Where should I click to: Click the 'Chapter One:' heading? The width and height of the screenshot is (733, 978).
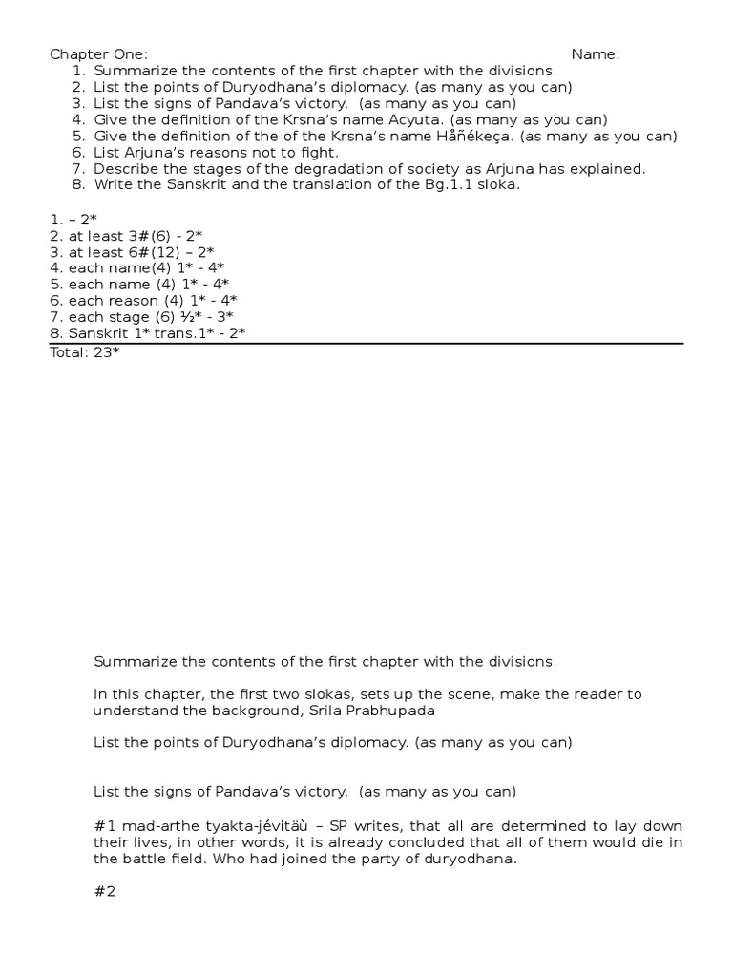point(98,54)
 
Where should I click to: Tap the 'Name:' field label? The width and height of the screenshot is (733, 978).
point(596,54)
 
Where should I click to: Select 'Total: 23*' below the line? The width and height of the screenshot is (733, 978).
point(85,351)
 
